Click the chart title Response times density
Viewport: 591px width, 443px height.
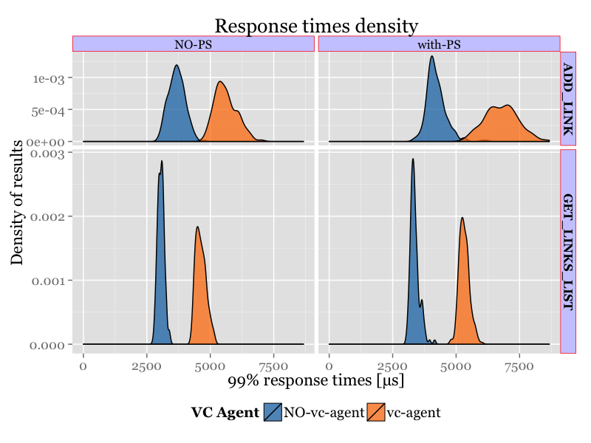click(316, 27)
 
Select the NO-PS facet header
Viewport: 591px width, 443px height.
click(193, 44)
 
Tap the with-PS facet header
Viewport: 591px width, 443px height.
click(439, 44)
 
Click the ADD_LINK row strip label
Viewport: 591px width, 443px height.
click(568, 99)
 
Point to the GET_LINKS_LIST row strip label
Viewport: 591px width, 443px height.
click(568, 252)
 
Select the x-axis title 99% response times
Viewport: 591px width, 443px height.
click(316, 381)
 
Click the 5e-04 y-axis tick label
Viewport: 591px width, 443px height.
click(49, 111)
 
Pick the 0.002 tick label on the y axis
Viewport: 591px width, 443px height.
click(49, 216)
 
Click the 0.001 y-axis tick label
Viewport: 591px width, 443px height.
click(49, 281)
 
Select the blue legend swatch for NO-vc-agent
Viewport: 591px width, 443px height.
click(273, 413)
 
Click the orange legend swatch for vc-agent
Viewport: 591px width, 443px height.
click(376, 413)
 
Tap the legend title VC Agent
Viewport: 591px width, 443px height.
click(225, 413)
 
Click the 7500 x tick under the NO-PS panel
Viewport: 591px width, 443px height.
click(274, 365)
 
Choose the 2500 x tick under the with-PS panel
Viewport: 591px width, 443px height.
click(392, 365)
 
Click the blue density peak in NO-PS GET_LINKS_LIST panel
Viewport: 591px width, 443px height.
click(162, 163)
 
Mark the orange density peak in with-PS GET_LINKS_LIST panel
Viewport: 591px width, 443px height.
click(462, 219)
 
